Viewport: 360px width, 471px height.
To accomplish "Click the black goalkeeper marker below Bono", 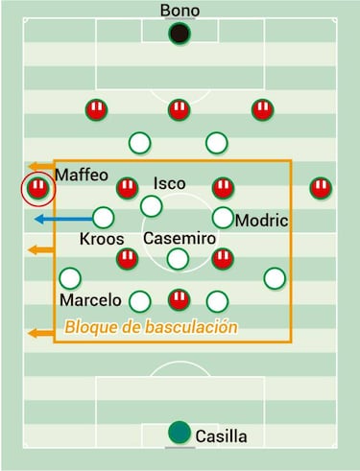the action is [179, 35].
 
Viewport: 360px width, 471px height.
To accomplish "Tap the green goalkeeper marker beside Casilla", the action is [179, 433].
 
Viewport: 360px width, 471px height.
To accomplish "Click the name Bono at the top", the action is [180, 11].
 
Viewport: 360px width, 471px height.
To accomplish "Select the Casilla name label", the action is [221, 436].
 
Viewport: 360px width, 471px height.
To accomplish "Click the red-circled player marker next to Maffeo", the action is [37, 188].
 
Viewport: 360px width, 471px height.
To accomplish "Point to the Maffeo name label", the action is [83, 175].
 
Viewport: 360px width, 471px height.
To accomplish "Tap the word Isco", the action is [169, 183].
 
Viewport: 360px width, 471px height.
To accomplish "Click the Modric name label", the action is [261, 220].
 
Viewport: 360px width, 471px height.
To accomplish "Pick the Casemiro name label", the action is [178, 237].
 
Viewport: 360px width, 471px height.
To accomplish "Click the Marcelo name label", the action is [90, 299].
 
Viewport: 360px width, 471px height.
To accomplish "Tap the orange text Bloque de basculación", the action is [151, 326].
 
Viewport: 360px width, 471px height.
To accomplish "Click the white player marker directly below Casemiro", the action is [178, 257].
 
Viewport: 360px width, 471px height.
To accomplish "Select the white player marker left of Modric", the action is [223, 218].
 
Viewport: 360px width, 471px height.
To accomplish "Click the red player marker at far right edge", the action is [321, 188].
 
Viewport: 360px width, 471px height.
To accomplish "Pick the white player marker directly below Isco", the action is [151, 205].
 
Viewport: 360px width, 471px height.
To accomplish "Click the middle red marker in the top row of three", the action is [178, 109].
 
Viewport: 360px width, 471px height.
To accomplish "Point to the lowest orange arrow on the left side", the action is [40, 333].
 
